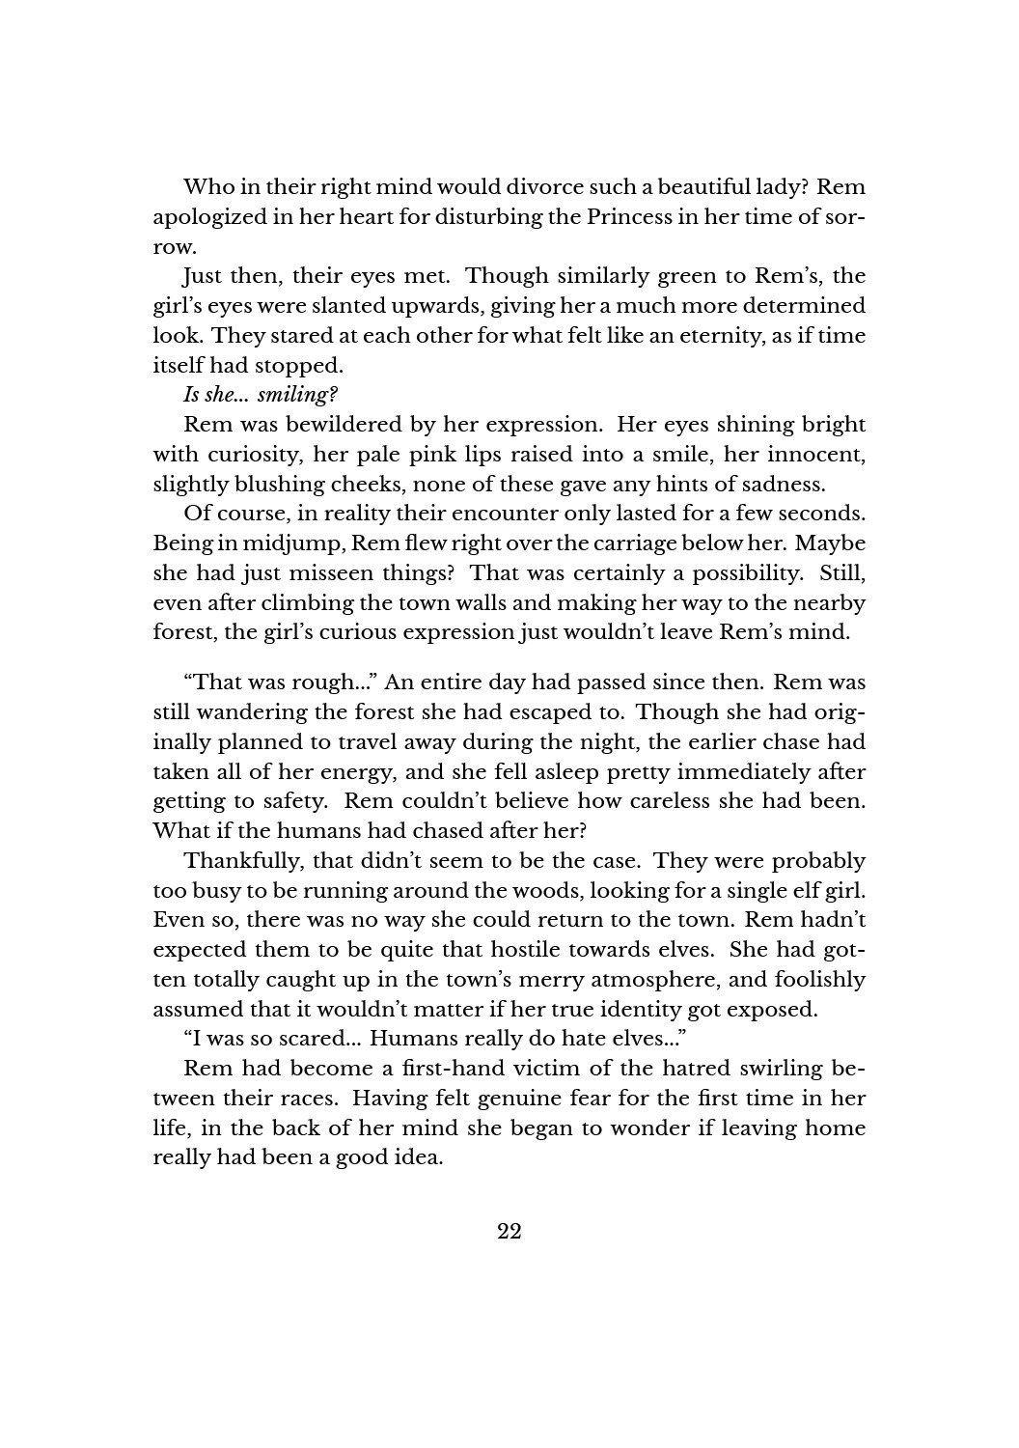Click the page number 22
509,1231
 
